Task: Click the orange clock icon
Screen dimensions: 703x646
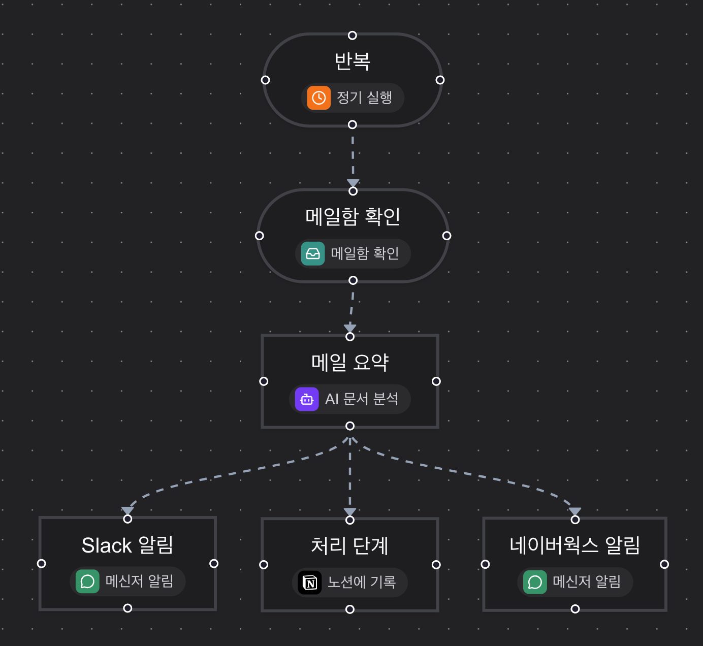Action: tap(318, 98)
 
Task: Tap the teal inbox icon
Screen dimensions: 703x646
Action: tap(312, 253)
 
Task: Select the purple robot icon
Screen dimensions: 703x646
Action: tap(307, 399)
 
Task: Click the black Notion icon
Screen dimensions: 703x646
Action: tap(309, 583)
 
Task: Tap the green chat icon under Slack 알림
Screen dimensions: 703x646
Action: tap(87, 582)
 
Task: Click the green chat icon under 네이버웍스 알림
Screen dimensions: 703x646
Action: tap(535, 582)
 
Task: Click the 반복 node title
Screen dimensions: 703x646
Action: tap(352, 61)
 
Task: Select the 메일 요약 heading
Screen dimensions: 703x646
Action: tap(350, 362)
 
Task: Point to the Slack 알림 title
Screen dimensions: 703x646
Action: tap(127, 545)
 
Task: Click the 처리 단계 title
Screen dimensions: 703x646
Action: tap(350, 546)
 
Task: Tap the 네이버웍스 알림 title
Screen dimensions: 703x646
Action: tap(574, 545)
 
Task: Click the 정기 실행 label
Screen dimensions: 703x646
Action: tap(364, 98)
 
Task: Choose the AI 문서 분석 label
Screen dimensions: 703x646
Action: tap(362, 399)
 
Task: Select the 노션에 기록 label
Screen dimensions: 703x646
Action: tap(362, 582)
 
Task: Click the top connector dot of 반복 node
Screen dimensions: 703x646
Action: tap(352, 36)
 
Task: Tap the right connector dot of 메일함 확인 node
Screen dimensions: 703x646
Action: tap(446, 236)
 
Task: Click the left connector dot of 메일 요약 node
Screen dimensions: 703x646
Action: tap(264, 381)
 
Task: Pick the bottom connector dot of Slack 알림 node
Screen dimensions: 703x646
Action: tap(127, 608)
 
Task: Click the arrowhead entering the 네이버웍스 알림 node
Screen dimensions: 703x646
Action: tap(574, 511)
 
